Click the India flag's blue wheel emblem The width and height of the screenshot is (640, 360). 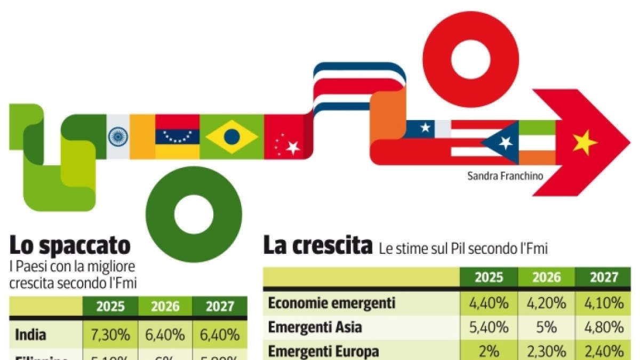tap(118, 137)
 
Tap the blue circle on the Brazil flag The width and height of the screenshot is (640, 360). tap(231, 137)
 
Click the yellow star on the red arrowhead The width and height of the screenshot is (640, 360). tap(585, 142)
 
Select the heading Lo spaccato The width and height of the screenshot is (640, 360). tap(70, 246)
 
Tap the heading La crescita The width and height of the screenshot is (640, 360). tap(317, 246)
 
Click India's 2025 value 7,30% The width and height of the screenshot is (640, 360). tap(110, 335)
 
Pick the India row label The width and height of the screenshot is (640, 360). tap(30, 335)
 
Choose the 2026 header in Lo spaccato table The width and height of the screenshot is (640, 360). tap(165, 307)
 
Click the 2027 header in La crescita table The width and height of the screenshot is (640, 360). tap(604, 277)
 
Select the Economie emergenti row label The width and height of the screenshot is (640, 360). tap(331, 303)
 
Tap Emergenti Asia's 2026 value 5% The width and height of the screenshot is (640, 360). tap(547, 327)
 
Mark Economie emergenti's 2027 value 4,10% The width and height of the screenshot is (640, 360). tap(604, 303)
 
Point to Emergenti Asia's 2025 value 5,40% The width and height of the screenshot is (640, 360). tap(489, 327)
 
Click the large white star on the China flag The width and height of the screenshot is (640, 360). tap(293, 148)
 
